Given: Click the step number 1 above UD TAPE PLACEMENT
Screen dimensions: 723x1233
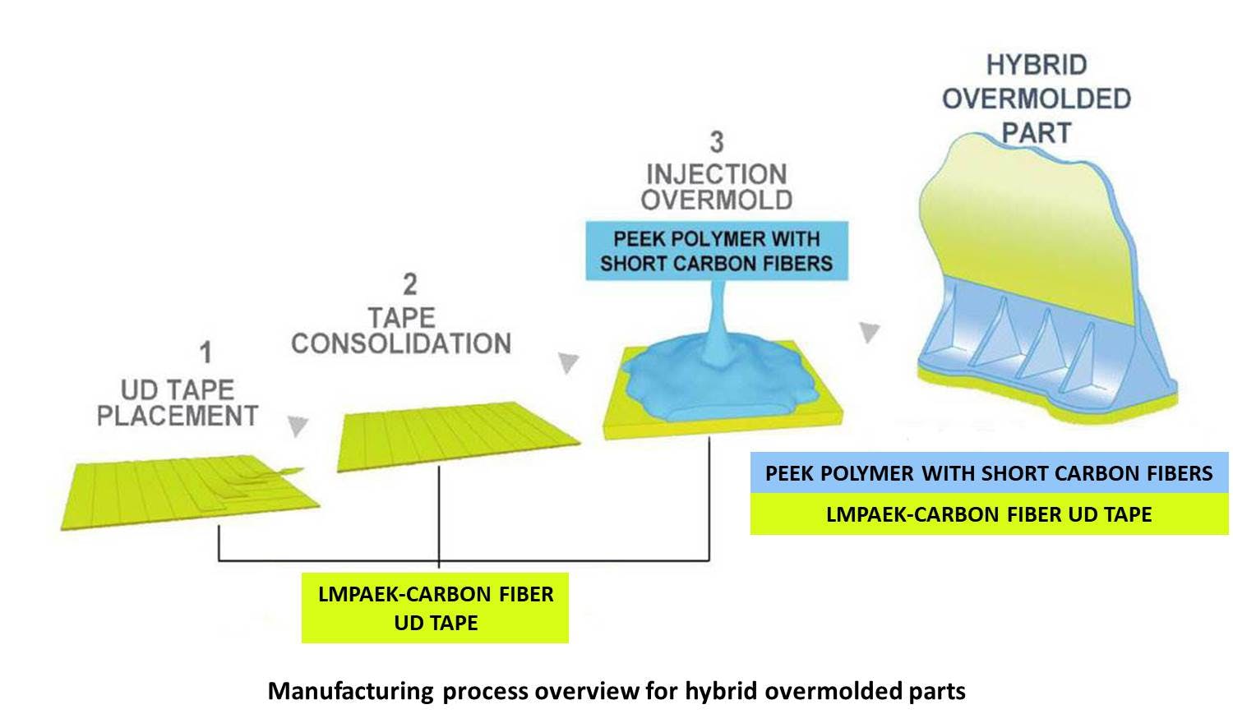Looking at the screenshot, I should tap(205, 352).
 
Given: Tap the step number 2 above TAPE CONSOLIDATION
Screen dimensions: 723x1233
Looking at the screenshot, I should tap(409, 284).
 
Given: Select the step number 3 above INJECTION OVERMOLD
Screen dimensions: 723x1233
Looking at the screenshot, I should tap(717, 142).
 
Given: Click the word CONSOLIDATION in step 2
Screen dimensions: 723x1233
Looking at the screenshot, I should tap(401, 343).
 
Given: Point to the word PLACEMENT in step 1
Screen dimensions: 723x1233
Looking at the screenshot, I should tap(178, 416).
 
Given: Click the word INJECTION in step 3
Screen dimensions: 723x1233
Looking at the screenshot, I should tap(716, 174).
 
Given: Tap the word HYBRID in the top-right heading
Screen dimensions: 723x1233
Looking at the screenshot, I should tap(1037, 65).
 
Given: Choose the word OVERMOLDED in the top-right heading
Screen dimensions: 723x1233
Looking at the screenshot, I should tap(1037, 99).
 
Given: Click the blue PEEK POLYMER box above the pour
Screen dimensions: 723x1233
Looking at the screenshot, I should tap(716, 251).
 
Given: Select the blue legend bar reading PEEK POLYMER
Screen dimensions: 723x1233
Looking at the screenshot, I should tap(989, 473).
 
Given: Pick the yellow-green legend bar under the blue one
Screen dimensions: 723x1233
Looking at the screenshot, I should tap(989, 514).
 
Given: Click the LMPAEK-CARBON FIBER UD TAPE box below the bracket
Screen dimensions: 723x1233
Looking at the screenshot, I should tap(435, 608).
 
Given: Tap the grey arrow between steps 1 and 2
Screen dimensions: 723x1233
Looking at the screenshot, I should tap(298, 426).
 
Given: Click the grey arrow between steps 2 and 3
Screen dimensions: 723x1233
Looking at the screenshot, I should tap(568, 362).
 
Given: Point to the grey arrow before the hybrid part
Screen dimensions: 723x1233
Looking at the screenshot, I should tap(869, 332).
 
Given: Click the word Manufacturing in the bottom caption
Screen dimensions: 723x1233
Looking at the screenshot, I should tap(350, 691).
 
